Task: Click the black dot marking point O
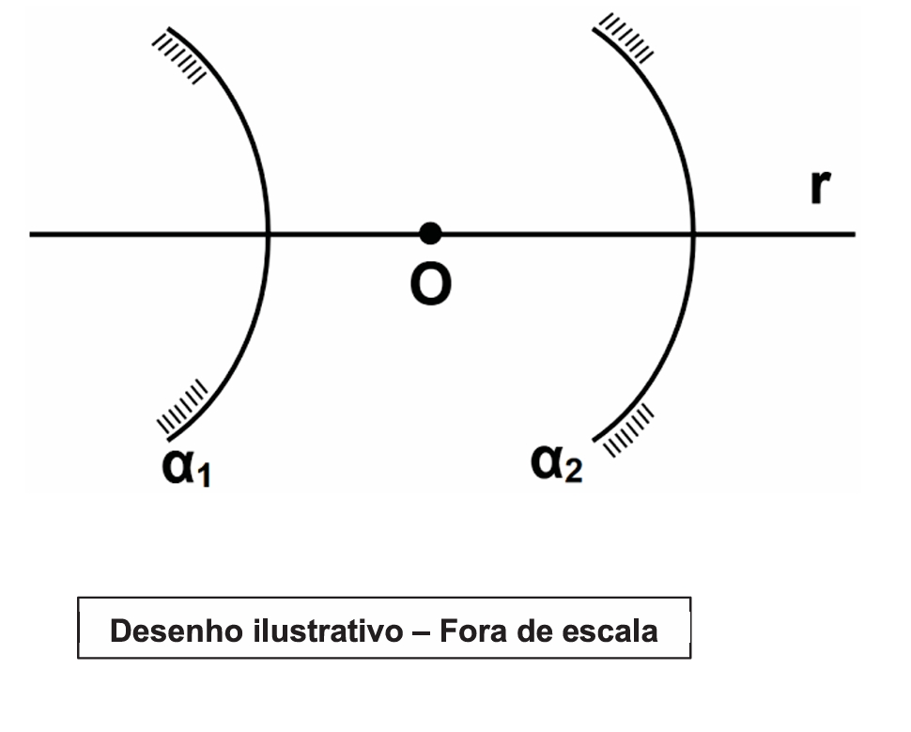[430, 234]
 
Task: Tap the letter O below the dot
[430, 285]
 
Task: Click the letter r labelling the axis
[820, 187]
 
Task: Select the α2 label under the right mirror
[556, 463]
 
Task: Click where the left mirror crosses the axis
[268, 234]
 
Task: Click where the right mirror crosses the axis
[693, 234]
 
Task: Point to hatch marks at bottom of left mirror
[182, 407]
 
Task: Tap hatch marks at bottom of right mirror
[629, 430]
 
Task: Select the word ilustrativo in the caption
[328, 631]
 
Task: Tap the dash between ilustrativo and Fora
[422, 632]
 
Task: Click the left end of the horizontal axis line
[30, 234]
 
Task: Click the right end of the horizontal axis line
[856, 234]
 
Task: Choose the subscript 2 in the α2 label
[574, 471]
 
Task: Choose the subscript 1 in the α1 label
[204, 475]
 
